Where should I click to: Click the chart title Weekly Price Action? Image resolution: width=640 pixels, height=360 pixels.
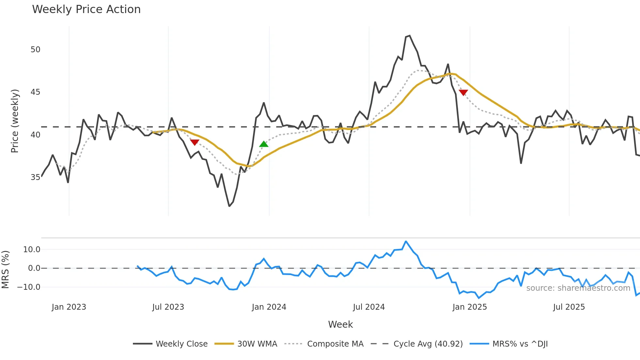[86, 9]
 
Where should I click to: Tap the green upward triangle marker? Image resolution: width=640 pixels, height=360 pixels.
[264, 144]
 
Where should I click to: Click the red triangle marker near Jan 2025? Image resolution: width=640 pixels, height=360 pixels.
[463, 92]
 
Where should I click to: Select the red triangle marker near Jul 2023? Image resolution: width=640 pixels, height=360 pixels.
[195, 142]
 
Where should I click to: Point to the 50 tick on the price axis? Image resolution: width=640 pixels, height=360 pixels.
[35, 50]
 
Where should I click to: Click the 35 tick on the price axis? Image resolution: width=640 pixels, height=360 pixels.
[35, 177]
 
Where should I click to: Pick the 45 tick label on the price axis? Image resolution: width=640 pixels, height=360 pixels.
[35, 92]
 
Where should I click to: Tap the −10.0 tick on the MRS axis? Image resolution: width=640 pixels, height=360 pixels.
[29, 287]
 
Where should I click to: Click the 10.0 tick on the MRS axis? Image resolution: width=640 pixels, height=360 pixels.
[31, 250]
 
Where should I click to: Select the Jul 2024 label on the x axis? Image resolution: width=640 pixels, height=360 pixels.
[369, 307]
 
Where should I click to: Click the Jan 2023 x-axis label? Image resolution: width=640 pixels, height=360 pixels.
[69, 307]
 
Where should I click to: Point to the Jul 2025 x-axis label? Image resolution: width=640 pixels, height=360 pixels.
[569, 307]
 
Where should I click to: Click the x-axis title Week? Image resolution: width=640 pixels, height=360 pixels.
[340, 324]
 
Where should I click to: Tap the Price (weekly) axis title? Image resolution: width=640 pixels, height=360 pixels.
[15, 121]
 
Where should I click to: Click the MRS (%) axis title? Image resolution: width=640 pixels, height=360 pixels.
[5, 270]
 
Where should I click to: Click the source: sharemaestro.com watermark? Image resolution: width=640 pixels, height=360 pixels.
[578, 288]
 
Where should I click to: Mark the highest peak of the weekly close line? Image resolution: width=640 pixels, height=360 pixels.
[410, 36]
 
